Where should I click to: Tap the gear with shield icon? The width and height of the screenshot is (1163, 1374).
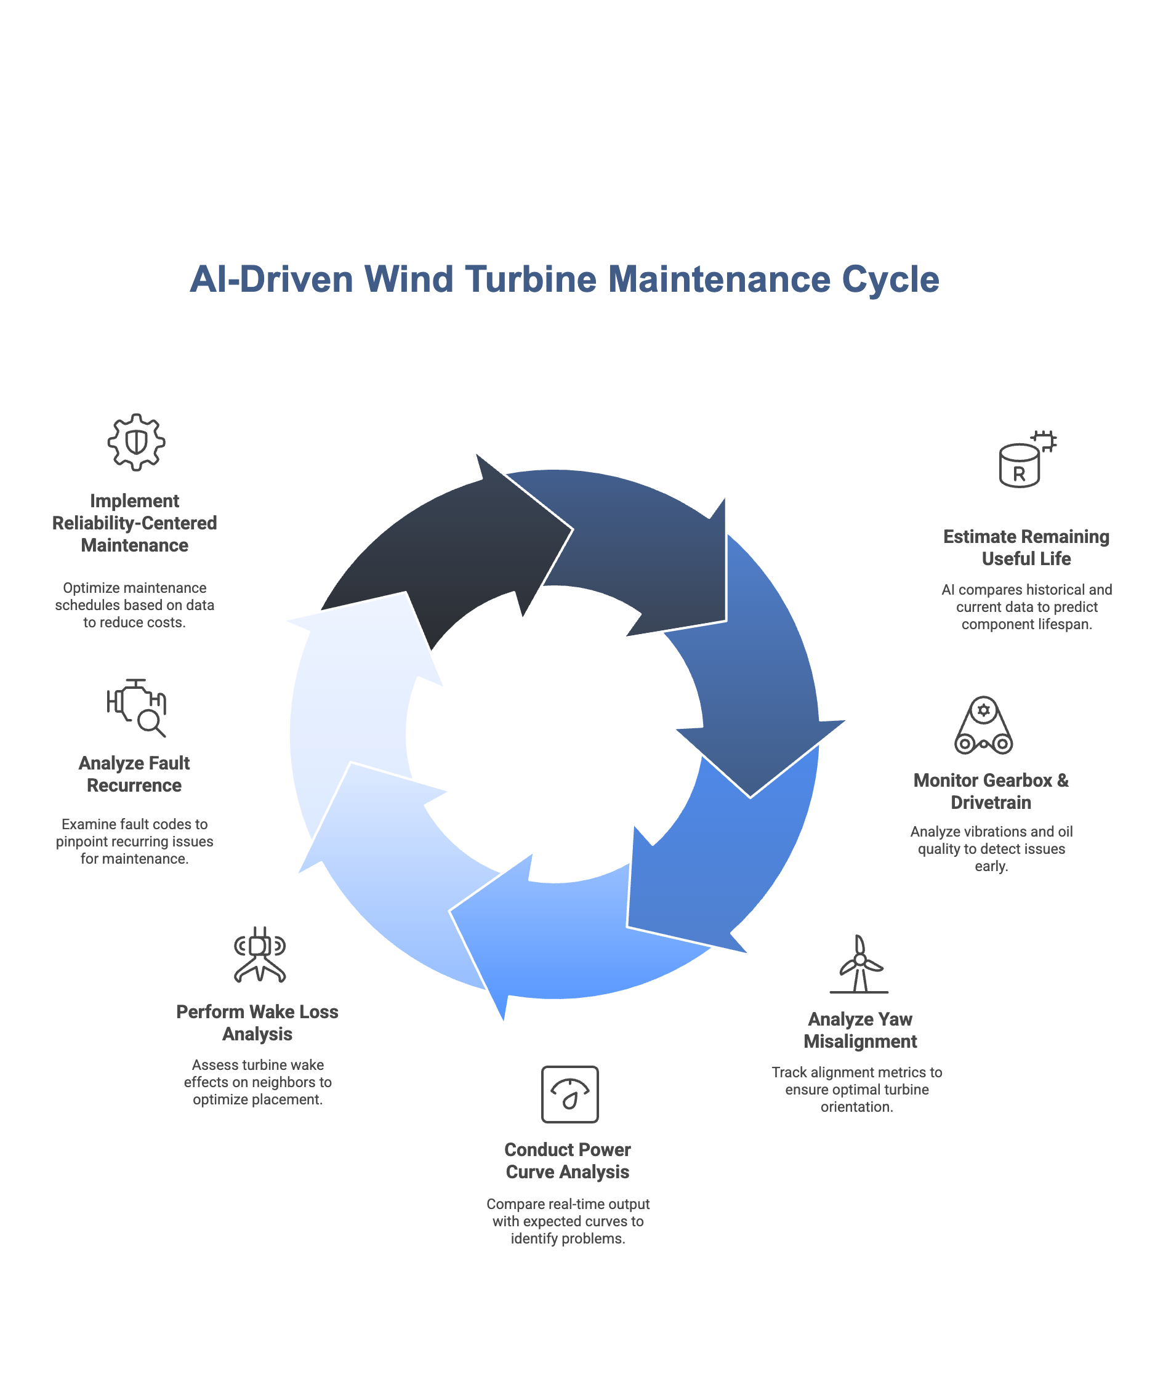137,442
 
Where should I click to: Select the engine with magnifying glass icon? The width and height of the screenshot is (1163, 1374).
137,707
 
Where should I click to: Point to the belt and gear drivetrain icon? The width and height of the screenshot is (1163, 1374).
984,725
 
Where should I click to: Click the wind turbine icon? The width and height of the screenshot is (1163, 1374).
859,963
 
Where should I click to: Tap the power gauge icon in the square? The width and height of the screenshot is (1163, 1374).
569,1094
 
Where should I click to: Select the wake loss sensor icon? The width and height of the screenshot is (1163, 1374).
260,955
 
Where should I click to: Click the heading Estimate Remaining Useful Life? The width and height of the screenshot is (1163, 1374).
1026,547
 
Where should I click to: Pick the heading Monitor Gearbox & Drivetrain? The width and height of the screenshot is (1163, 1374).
991,791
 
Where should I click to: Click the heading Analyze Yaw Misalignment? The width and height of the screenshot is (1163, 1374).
859,1030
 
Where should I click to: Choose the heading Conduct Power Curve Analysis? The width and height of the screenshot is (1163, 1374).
568,1160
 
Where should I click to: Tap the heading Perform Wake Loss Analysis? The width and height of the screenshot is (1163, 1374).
257,1022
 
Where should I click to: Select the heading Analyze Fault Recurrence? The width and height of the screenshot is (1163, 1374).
134,774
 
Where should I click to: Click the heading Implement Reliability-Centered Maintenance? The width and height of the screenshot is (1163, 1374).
134,523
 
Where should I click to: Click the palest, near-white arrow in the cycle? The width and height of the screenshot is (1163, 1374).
356,712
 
